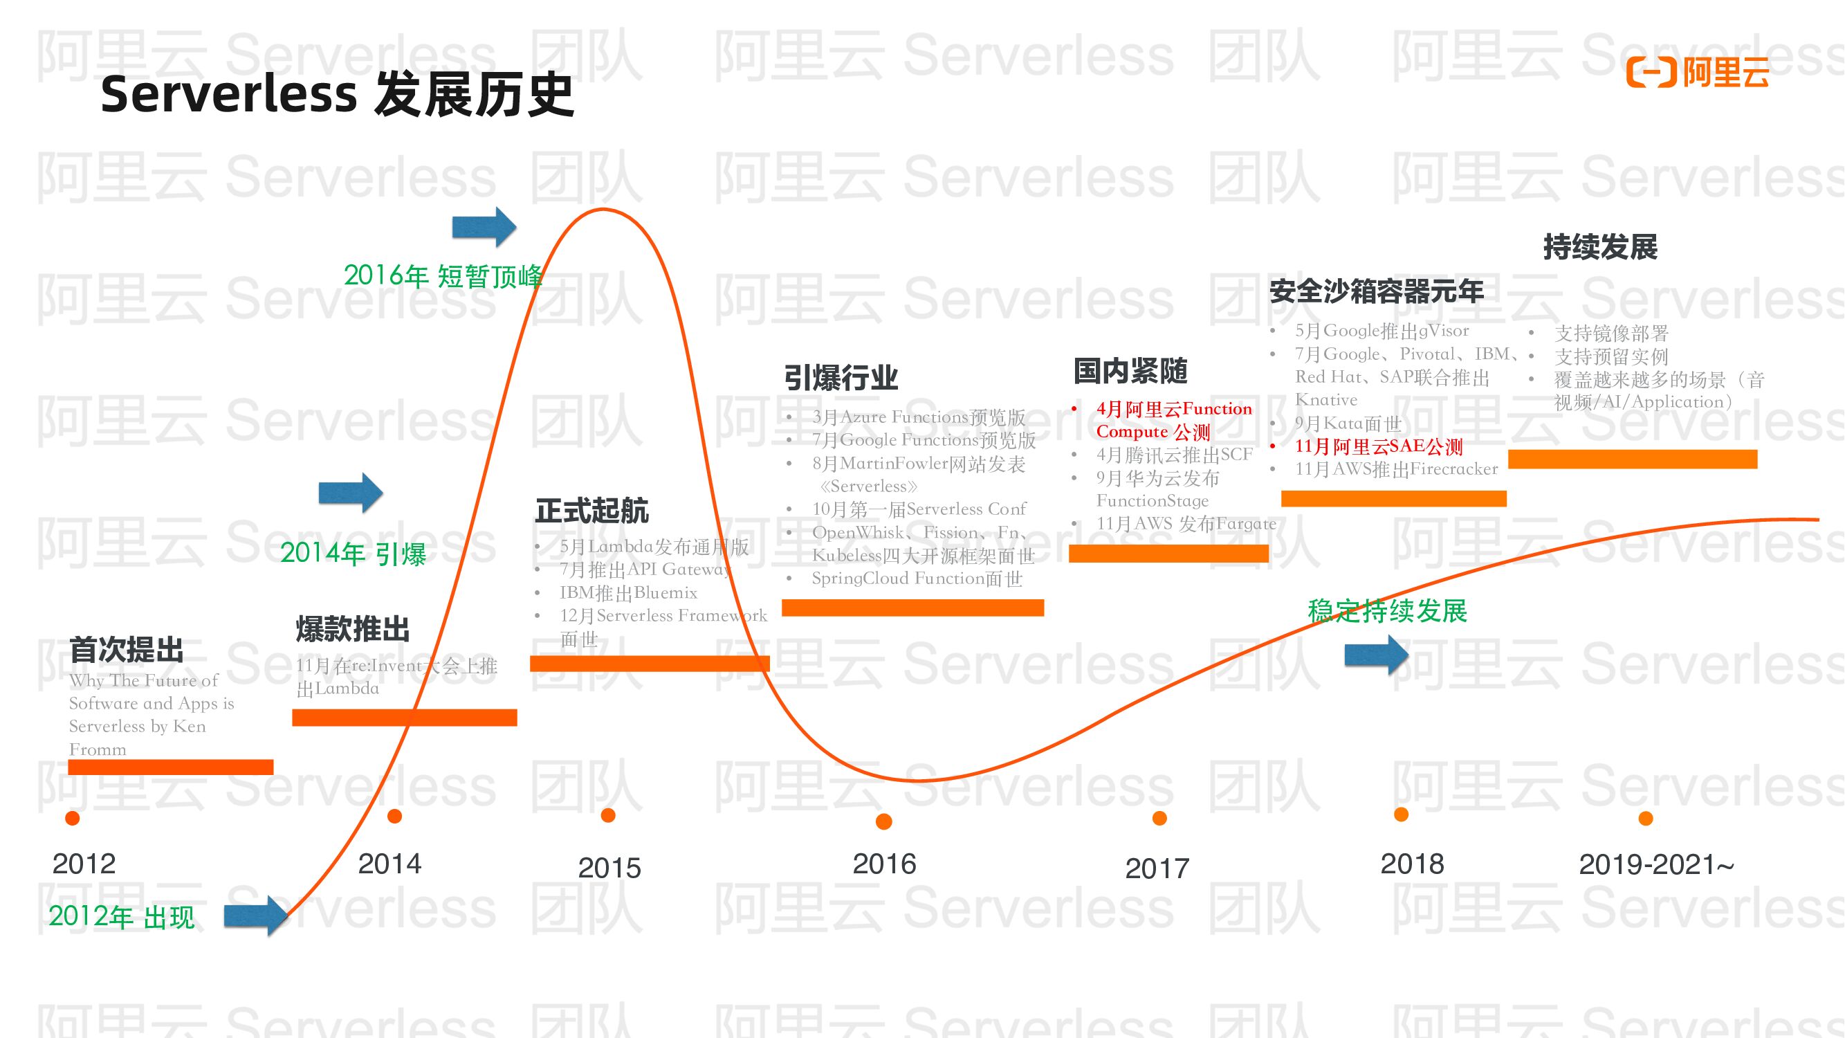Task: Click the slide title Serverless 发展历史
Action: click(x=337, y=95)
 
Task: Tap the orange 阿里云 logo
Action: click(x=1698, y=73)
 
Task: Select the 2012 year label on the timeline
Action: click(x=84, y=864)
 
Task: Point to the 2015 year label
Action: click(x=609, y=868)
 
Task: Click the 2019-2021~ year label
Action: click(x=1656, y=864)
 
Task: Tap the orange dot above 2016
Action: click(x=884, y=821)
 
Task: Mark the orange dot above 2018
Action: click(x=1401, y=814)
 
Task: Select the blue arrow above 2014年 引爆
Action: click(x=350, y=493)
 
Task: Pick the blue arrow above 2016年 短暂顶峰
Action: click(x=484, y=227)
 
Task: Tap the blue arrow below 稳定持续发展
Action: click(x=1376, y=655)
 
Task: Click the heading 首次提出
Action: click(x=127, y=650)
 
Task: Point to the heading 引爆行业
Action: click(x=841, y=378)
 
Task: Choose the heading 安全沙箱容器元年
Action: click(x=1376, y=291)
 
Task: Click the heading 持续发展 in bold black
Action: click(x=1600, y=247)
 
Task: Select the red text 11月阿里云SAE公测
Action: click(x=1378, y=446)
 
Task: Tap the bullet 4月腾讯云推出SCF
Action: click(x=1174, y=454)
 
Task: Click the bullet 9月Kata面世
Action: click(x=1347, y=424)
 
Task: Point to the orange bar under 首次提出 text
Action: click(x=170, y=767)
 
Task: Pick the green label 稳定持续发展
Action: click(x=1387, y=611)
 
